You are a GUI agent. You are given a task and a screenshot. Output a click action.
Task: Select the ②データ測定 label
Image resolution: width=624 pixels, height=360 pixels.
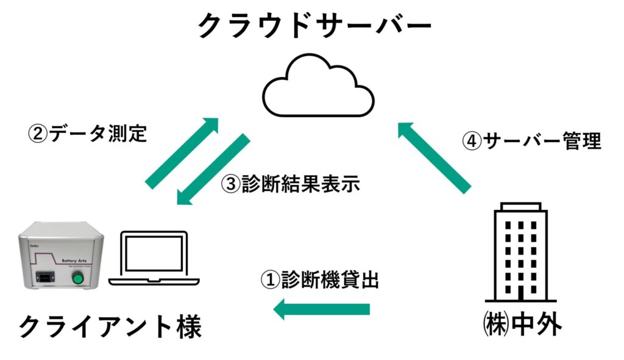[x=88, y=132]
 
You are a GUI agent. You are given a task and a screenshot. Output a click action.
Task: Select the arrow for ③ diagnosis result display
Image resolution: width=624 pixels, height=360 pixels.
[x=213, y=170]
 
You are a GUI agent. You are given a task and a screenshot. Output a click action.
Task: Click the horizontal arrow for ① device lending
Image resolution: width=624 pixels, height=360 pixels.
[x=322, y=309]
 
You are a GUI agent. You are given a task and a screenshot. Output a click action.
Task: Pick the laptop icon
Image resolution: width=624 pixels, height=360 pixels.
[x=154, y=259]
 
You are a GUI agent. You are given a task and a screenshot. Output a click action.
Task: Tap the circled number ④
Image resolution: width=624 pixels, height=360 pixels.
[x=472, y=142]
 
